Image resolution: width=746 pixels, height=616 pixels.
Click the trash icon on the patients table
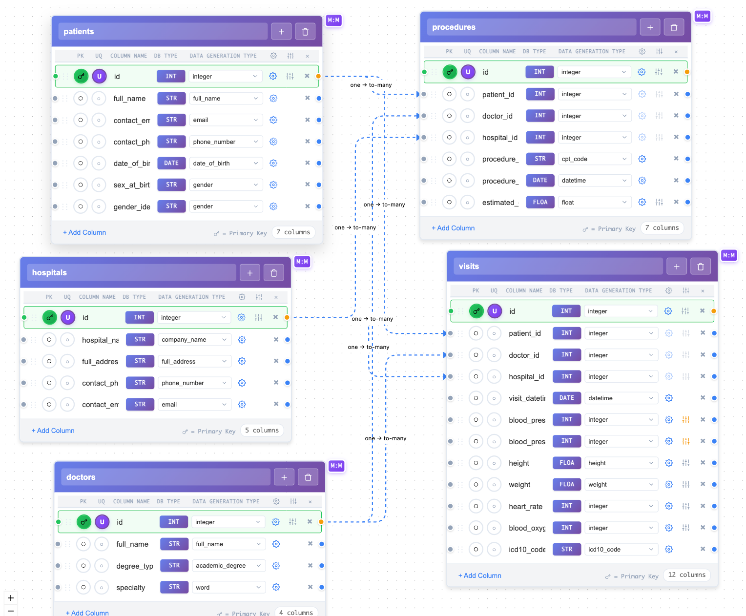point(305,32)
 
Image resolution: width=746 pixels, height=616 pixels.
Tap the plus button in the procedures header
point(650,27)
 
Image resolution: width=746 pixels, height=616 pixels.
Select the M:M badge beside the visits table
point(729,255)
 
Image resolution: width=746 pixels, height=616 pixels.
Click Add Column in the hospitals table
point(53,431)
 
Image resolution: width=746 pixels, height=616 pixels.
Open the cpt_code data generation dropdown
point(594,159)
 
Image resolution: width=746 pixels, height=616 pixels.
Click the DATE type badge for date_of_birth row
point(171,163)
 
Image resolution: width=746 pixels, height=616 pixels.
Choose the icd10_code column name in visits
point(527,550)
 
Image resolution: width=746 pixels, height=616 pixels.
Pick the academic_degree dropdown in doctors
point(228,566)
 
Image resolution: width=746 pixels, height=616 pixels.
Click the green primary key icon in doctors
point(84,522)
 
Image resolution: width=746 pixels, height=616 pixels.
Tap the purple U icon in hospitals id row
point(68,318)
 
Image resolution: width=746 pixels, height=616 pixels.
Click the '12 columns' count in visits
point(686,575)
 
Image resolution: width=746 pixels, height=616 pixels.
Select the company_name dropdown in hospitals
point(194,340)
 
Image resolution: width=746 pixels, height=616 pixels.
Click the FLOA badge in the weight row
point(567,484)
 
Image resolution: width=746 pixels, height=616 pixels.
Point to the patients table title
point(79,32)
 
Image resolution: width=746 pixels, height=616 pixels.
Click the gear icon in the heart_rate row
point(669,506)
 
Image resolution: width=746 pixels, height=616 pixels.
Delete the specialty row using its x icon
point(310,587)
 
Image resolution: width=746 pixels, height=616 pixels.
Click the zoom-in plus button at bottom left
point(11,598)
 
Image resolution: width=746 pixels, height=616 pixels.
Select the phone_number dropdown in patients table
point(225,142)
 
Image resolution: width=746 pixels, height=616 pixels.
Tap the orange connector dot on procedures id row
point(687,72)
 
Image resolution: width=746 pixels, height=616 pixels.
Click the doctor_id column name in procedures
point(497,116)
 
